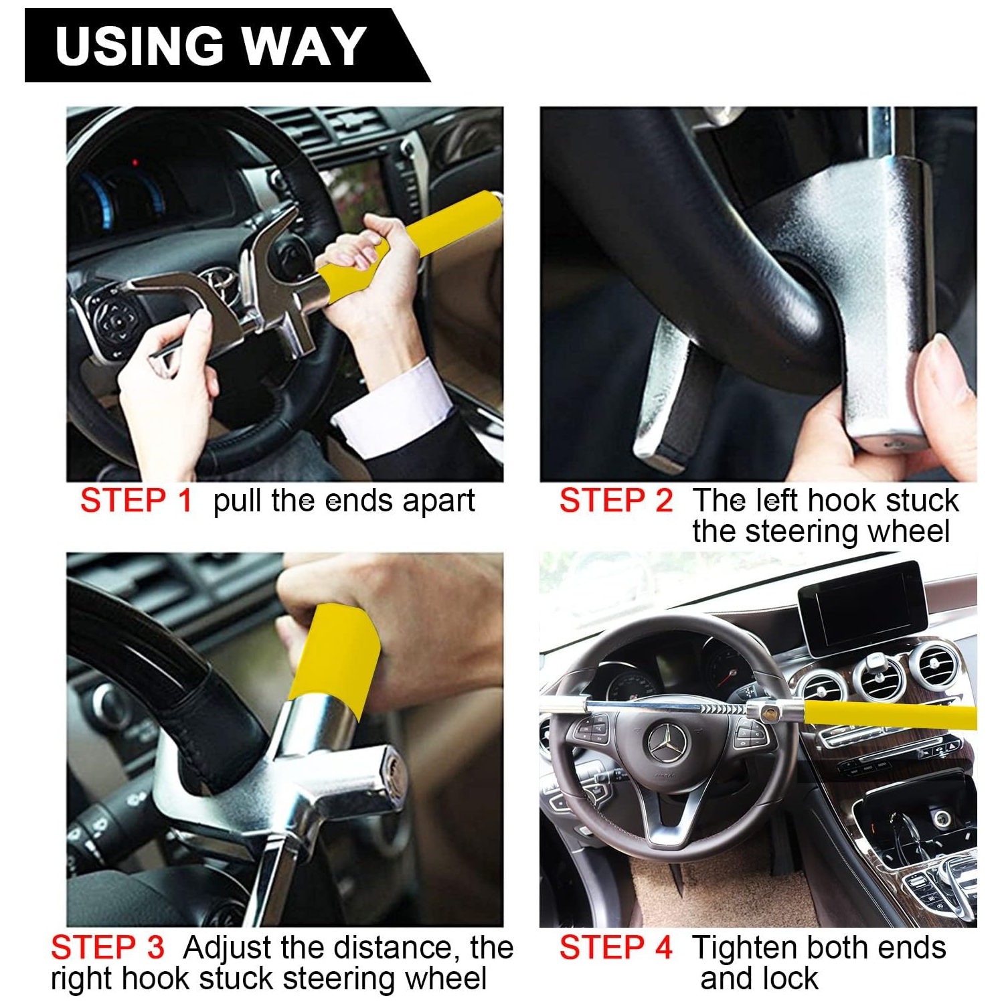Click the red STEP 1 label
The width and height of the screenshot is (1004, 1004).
136,501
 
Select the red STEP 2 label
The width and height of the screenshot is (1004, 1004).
616,501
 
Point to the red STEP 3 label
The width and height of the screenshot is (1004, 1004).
107,948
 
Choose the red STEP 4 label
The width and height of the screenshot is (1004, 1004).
616,948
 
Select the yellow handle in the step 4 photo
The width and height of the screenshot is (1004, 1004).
890,714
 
